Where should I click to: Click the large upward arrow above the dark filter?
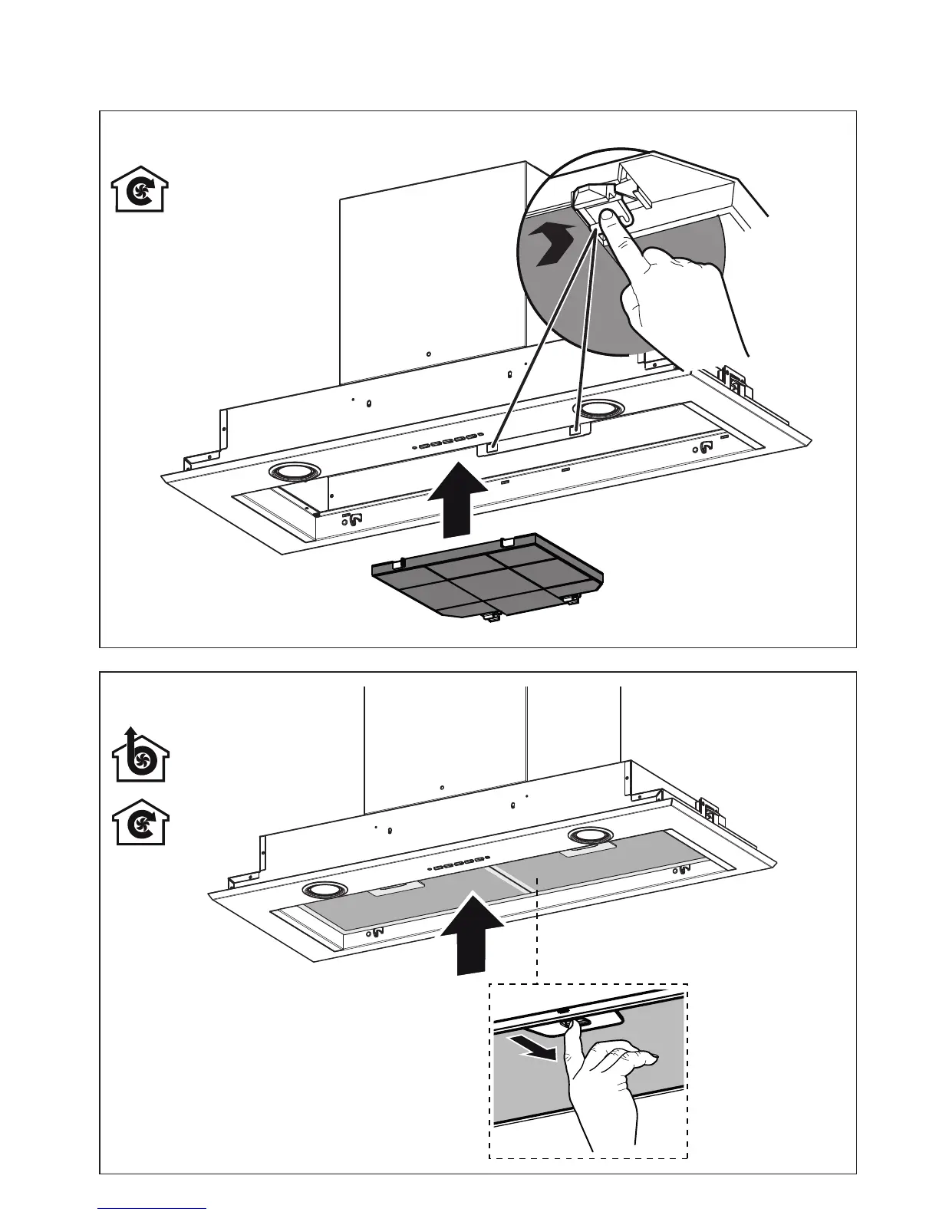(456, 498)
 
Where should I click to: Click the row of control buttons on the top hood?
(446, 442)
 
